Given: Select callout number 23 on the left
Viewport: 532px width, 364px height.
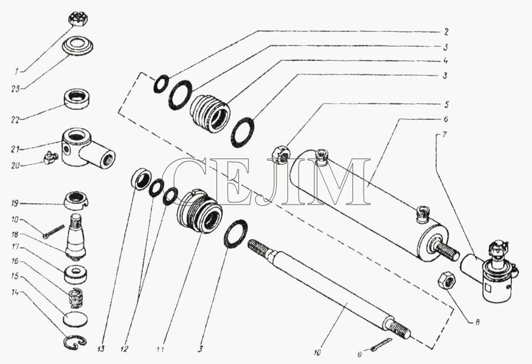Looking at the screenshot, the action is point(16,89).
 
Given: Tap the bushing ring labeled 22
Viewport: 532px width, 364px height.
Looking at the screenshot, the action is point(77,99).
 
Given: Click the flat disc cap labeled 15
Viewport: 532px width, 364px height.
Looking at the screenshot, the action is point(75,320).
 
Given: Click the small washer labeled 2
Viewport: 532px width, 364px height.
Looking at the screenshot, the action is point(160,83).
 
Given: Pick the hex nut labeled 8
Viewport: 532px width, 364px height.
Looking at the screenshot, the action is point(447,280).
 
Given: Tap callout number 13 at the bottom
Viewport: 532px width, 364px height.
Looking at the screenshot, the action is point(102,348).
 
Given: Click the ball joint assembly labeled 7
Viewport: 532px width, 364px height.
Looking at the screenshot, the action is point(487,271).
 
